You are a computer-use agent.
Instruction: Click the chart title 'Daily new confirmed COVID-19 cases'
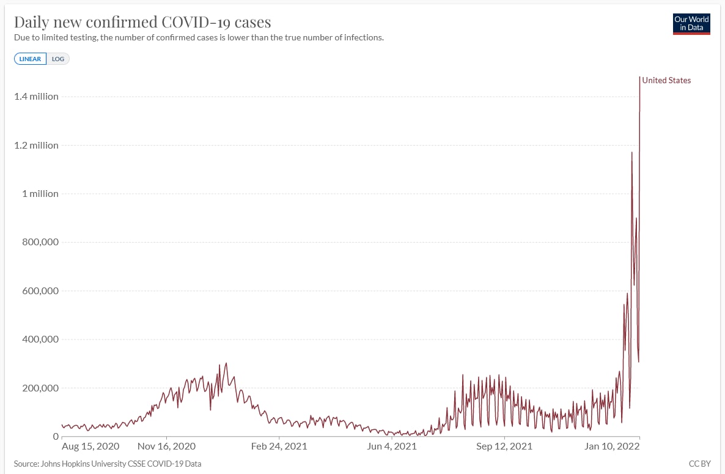(142, 22)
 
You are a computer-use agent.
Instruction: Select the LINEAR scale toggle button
(30, 59)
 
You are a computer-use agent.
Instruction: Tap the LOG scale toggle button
(58, 59)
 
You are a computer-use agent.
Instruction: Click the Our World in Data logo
(691, 24)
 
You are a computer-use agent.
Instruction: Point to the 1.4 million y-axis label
(37, 96)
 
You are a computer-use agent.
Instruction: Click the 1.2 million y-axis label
(37, 145)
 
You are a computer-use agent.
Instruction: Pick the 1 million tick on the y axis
(40, 193)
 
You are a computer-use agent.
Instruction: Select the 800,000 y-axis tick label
(39, 242)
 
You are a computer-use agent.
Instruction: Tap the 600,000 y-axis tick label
(39, 291)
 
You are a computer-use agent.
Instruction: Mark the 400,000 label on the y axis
(39, 339)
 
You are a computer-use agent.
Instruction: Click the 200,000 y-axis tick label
(39, 388)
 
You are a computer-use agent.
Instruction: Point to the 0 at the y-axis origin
(56, 437)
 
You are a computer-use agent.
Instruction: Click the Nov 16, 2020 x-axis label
(166, 446)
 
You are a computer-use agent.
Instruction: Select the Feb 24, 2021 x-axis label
(279, 446)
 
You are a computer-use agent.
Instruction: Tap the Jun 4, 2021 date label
(391, 446)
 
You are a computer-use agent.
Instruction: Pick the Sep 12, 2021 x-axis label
(504, 446)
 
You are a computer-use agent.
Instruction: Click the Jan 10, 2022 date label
(613, 446)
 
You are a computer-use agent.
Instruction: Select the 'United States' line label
(666, 80)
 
